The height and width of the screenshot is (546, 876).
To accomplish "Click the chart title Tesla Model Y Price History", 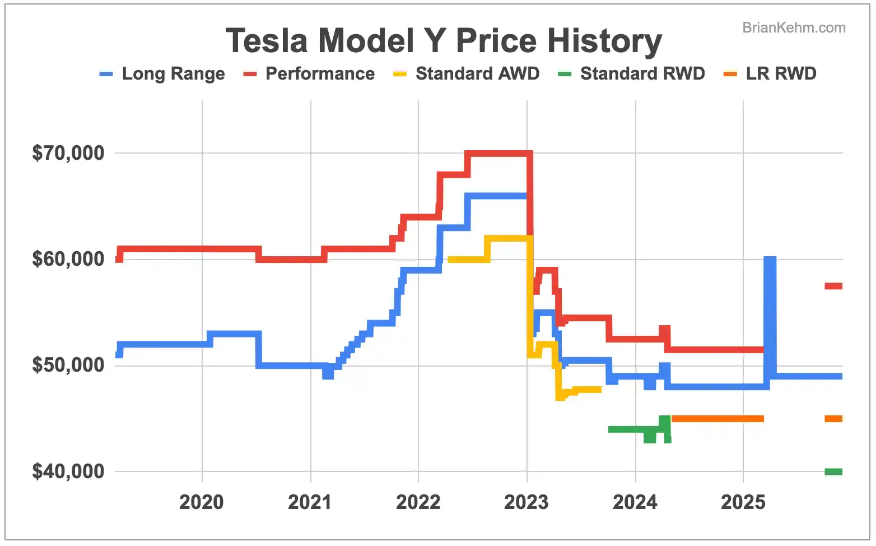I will [444, 41].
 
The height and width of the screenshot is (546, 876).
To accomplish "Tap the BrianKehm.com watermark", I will [794, 27].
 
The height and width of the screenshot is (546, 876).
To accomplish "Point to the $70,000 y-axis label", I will [68, 153].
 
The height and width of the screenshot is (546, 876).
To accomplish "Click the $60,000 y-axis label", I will [68, 259].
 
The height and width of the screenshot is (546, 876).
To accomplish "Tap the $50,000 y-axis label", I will [68, 365].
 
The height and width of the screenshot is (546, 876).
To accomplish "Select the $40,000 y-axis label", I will [68, 471].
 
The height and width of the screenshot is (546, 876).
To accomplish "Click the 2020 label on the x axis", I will [202, 502].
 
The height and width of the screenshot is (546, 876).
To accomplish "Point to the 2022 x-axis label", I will [418, 502].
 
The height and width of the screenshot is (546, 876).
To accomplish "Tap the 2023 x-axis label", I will [526, 502].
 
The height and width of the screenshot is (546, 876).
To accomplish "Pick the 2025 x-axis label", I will [743, 502].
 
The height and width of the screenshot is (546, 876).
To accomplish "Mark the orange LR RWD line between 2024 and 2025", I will [717, 419].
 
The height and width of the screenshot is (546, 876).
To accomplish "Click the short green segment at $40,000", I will [833, 471].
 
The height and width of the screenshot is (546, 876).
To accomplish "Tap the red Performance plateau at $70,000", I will [498, 153].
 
